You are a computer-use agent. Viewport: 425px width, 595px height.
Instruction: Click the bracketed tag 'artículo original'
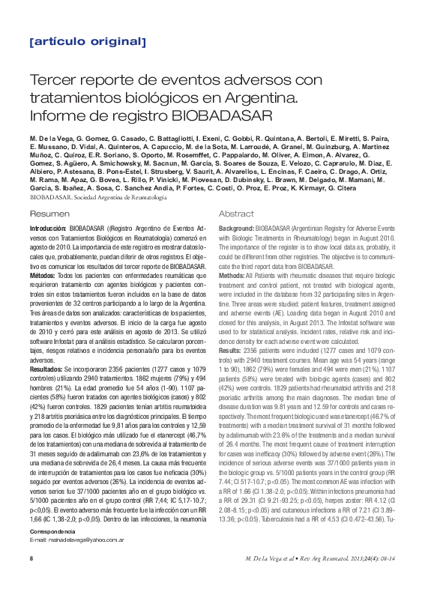tap(88, 42)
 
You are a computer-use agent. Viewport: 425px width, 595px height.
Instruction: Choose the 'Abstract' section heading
tap(236, 214)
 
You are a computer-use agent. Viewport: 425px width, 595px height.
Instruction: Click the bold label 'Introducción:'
tap(49, 228)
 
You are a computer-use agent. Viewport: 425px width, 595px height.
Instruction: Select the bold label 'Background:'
tap(235, 228)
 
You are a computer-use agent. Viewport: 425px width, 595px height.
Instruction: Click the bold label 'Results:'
tap(229, 350)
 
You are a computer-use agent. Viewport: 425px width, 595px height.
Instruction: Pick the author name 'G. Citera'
tap(380, 188)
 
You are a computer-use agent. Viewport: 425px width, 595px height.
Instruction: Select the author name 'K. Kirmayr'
tap(337, 188)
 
